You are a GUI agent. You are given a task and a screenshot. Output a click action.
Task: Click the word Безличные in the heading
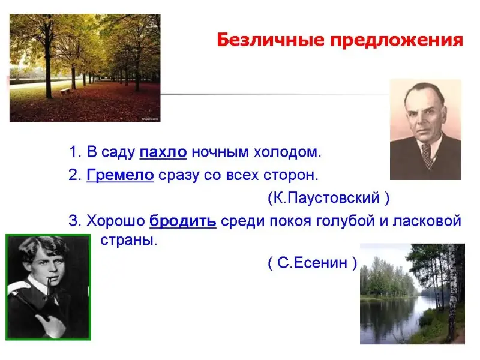tap(271, 40)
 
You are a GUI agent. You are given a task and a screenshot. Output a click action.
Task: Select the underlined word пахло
tap(163, 152)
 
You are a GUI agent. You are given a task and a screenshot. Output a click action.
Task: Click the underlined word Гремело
tap(121, 175)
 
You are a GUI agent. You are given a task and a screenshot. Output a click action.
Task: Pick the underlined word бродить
tap(183, 221)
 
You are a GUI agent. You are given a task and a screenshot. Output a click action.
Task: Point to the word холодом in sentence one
tap(287, 152)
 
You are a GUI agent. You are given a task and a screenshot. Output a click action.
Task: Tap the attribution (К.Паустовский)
tap(328, 198)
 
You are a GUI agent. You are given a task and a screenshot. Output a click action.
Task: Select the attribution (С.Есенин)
tap(312, 263)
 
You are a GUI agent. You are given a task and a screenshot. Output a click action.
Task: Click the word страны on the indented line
tap(128, 240)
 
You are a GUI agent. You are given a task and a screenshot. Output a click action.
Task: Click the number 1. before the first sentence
tap(75, 152)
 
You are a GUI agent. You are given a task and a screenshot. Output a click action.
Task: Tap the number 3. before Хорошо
tap(75, 221)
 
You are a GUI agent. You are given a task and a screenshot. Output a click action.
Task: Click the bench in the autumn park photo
tap(65, 91)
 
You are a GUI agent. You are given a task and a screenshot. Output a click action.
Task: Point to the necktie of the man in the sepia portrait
tap(428, 155)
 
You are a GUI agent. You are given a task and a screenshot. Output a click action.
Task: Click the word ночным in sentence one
tap(220, 152)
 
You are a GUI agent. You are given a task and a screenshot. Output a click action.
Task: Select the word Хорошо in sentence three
tap(116, 221)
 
